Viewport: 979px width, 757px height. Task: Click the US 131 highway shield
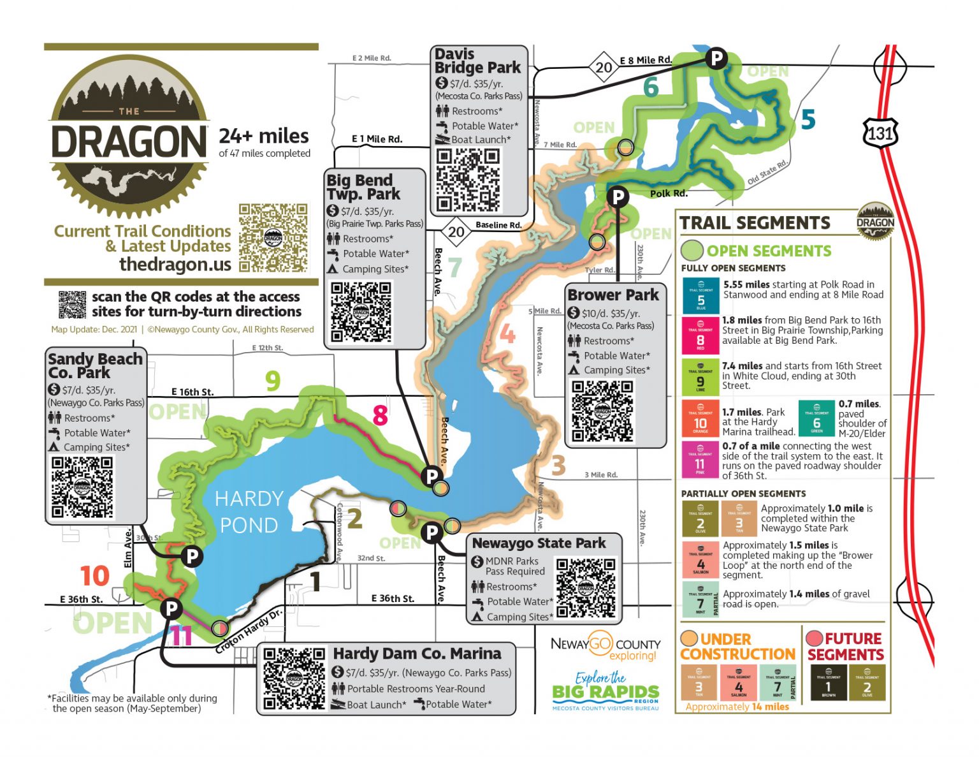point(880,133)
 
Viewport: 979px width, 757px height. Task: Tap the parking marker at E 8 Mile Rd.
point(716,58)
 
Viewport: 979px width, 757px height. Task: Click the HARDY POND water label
point(249,511)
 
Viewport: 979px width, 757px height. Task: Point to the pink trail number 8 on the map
point(380,415)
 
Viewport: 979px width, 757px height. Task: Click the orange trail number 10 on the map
point(94,576)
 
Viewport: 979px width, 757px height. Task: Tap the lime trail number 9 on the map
point(273,381)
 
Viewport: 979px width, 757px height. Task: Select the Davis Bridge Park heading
point(477,61)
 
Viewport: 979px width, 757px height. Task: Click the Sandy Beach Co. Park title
point(95,365)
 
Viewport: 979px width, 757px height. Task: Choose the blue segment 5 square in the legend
point(700,295)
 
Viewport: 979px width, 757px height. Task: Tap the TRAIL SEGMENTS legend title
point(755,223)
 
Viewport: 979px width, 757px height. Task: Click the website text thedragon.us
point(175,264)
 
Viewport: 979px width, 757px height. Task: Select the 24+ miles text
point(264,136)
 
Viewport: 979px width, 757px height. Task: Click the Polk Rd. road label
point(669,193)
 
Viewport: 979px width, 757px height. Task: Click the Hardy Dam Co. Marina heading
point(417,654)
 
